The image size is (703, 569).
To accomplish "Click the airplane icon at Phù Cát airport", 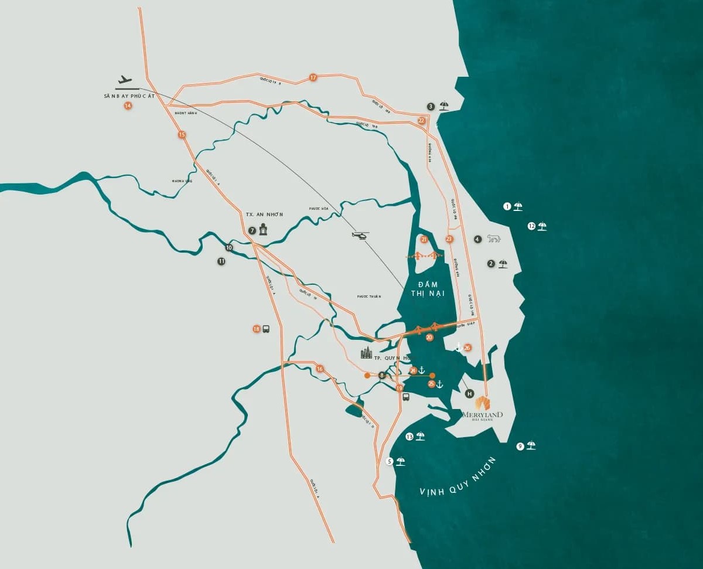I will click(124, 80).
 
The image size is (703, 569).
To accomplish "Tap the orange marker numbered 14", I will click(128, 105).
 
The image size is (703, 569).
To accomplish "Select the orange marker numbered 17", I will click(313, 77).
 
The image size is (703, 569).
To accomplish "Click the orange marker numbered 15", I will click(182, 135).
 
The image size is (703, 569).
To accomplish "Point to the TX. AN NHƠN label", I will click(264, 214).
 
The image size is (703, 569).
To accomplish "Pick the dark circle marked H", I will click(469, 394).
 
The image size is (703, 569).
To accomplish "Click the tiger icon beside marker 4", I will click(493, 239).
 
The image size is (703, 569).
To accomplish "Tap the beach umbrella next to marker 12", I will click(542, 226).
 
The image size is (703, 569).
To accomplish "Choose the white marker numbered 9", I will click(520, 447).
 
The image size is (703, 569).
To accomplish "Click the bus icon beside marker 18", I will click(266, 329).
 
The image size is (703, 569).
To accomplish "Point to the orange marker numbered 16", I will click(319, 369).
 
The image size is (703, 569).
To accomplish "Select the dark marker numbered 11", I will click(221, 261).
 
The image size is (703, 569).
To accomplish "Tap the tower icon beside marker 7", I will click(263, 230).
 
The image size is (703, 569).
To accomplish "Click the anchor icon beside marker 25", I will click(440, 384).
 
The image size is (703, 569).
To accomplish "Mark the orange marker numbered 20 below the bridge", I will click(429, 338).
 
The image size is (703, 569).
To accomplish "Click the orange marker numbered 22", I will click(421, 120).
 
